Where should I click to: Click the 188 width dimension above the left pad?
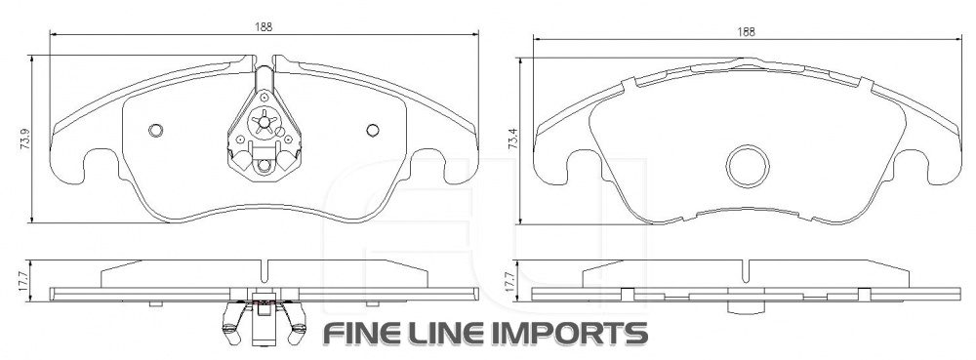coord(264,26)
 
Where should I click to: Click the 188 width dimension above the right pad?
coord(747,32)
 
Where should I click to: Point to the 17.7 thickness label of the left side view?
coord(24,281)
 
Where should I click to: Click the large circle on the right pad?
coord(748,167)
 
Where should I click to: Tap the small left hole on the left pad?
coord(155,130)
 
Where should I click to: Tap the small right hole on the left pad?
coord(372,130)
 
